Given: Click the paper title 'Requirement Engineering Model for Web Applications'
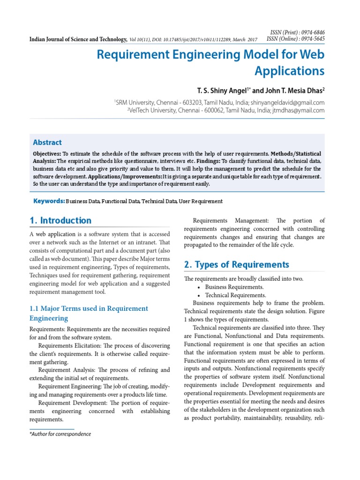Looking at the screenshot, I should [210, 63].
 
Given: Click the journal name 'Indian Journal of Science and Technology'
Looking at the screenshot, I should [77, 39].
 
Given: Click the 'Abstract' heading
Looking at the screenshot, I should [47, 142].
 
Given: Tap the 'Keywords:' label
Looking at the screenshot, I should [49, 201].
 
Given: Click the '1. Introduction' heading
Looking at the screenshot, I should [60, 220].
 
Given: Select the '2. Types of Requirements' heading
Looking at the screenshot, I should [236, 264].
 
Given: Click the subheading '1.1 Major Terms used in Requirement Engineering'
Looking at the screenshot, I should [88, 313].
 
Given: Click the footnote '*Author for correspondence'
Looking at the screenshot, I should [60, 434].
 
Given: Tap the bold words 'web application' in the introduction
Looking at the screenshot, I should [56, 234].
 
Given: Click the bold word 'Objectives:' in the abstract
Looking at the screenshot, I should [47, 154].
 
